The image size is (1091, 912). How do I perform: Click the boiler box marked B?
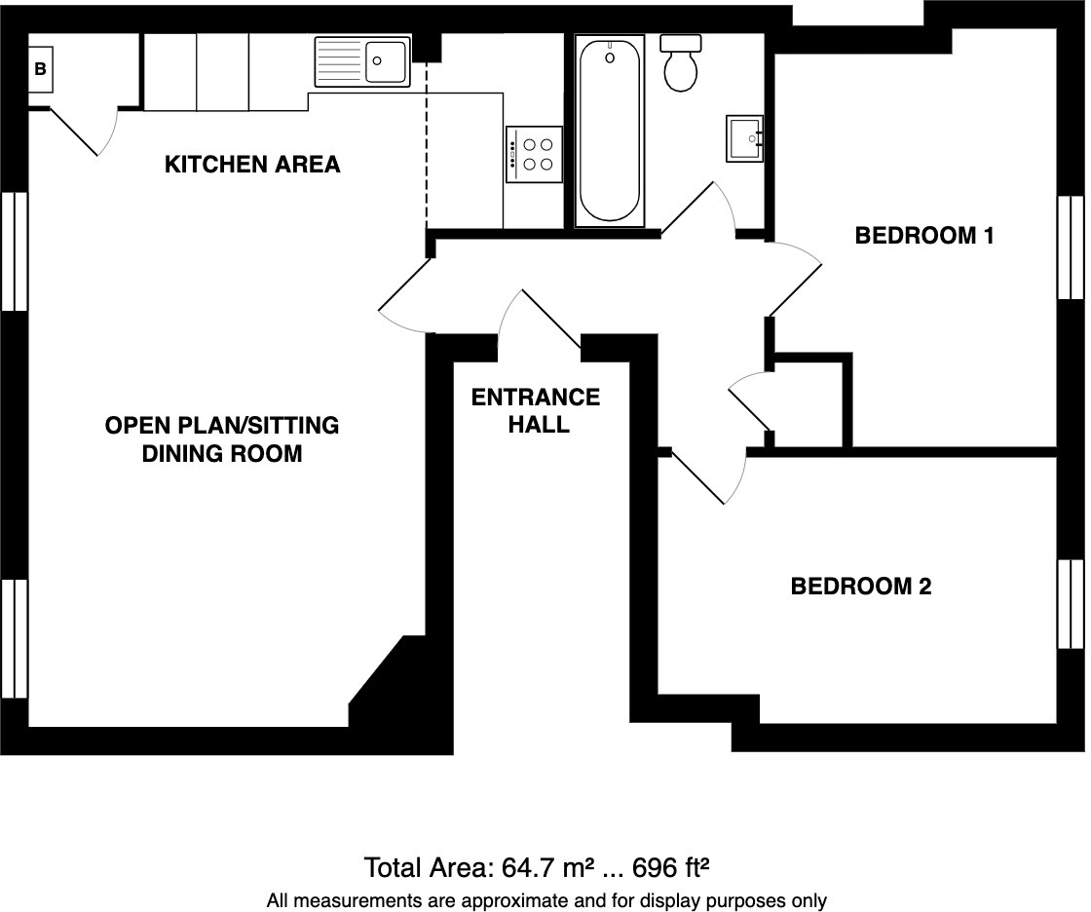(41, 69)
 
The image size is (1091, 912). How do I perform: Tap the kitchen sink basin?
(387, 61)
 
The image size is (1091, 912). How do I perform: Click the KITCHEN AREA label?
(252, 165)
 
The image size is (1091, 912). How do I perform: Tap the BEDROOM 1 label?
(923, 236)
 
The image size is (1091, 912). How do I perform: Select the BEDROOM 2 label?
(860, 587)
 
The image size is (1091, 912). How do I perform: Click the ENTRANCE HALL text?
(536, 410)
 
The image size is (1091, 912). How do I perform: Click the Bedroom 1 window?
(1070, 247)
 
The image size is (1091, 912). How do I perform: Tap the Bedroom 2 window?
(1070, 603)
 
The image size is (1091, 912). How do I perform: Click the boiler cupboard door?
(82, 133)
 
